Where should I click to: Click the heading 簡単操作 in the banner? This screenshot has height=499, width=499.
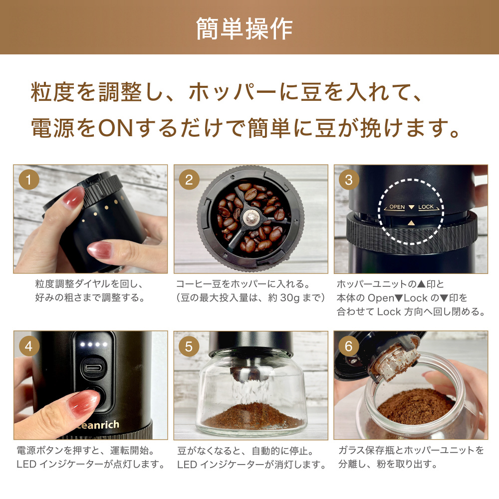tap(245, 28)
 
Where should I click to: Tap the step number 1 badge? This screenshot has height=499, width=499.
tap(28, 180)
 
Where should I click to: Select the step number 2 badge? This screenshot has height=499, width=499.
tap(189, 180)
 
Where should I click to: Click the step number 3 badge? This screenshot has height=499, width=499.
tap(349, 180)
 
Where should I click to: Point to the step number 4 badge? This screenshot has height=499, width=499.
tap(28, 346)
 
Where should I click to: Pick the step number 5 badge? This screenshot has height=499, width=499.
tap(189, 346)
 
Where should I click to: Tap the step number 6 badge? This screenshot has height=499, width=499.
tap(349, 346)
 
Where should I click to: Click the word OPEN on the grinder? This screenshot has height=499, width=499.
tap(397, 207)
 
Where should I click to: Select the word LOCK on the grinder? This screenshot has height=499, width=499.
tap(426, 207)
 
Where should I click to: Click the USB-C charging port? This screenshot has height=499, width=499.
tap(93, 368)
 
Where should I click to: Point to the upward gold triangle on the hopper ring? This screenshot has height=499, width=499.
tap(411, 223)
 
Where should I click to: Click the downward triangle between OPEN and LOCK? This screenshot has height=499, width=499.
tap(411, 207)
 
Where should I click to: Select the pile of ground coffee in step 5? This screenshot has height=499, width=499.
tap(252, 415)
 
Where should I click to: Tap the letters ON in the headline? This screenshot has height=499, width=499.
tap(116, 128)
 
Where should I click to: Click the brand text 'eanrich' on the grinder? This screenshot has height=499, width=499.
tap(99, 425)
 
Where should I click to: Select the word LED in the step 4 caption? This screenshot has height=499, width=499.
tap(26, 464)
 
